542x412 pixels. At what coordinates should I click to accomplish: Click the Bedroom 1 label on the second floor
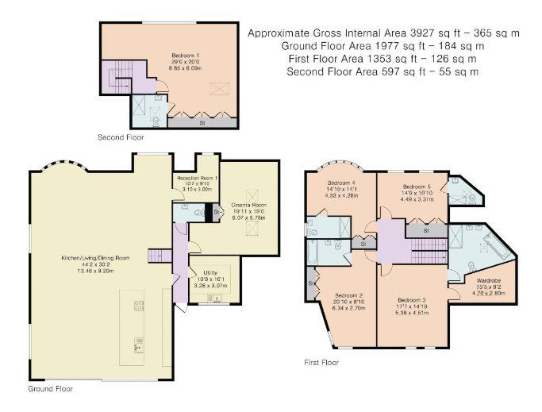[x=185, y=56]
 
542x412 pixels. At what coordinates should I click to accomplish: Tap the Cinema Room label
[x=247, y=206]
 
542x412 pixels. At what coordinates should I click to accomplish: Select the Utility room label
[x=210, y=272]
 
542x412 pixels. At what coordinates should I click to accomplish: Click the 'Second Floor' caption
[x=121, y=138]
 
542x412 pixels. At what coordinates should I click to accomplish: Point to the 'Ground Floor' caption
[x=52, y=390]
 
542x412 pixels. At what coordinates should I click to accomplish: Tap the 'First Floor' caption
[x=321, y=362]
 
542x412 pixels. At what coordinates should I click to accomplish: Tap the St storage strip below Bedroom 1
[x=202, y=123]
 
